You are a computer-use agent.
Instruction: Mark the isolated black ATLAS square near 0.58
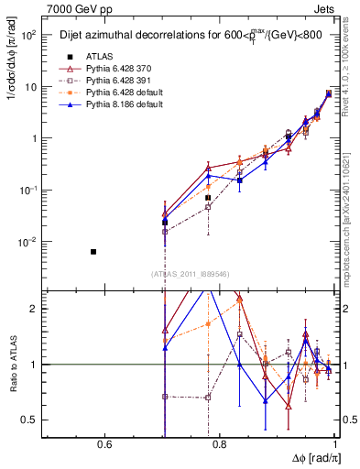(93, 251)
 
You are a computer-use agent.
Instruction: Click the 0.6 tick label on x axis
(104, 445)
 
